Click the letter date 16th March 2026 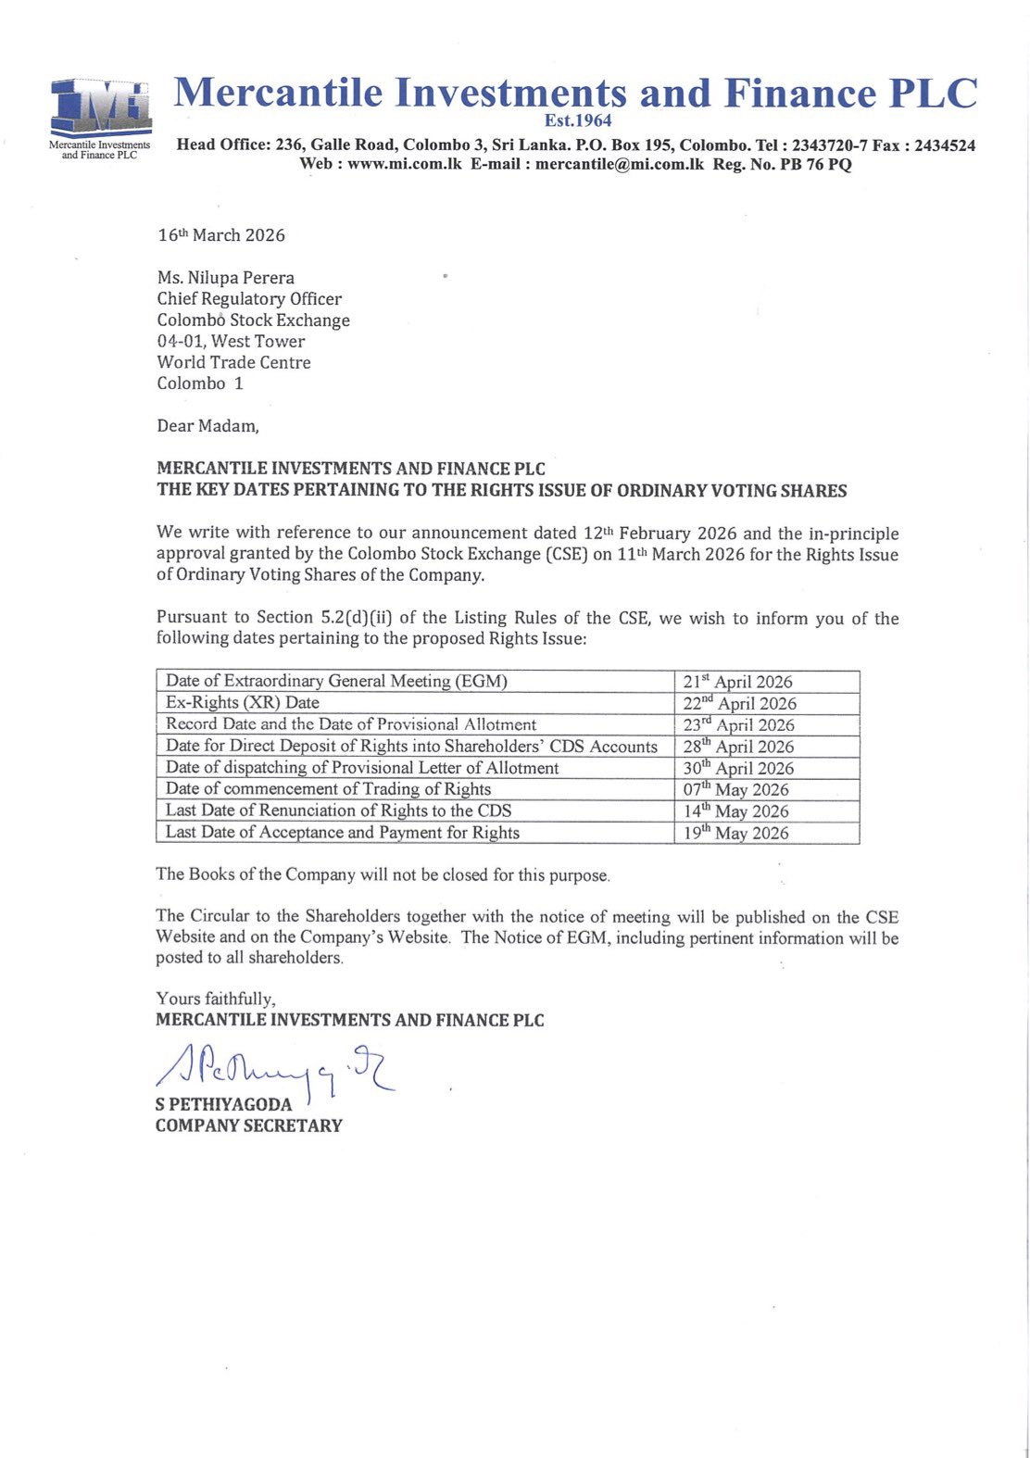(221, 235)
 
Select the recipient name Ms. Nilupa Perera (226, 278)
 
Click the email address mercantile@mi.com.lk (620, 164)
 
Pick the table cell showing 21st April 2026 (737, 682)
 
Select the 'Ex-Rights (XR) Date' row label (243, 703)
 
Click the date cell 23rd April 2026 (738, 725)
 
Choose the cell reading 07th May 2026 (735, 790)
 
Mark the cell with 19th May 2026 (735, 833)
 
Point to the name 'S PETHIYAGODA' (223, 1104)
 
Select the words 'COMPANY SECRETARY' (249, 1125)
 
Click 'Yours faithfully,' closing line (216, 999)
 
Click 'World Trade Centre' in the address (233, 362)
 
